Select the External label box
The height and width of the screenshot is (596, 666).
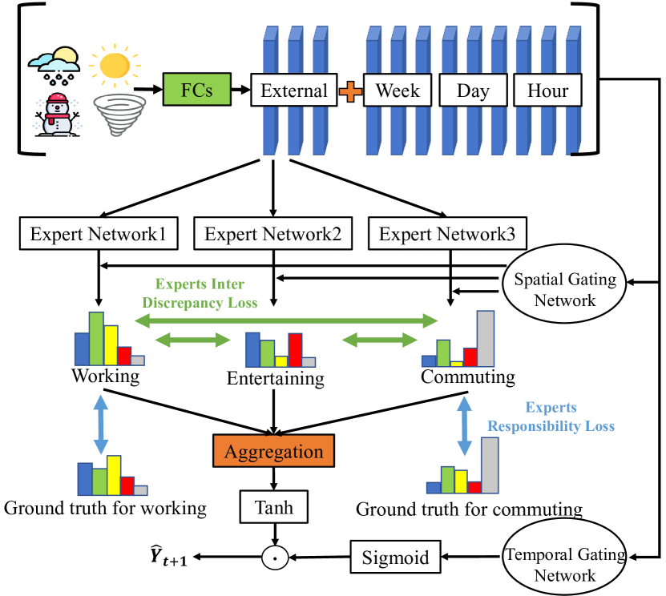pos(294,90)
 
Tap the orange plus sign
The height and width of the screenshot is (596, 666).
pos(350,91)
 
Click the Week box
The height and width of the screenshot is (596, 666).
pos(398,90)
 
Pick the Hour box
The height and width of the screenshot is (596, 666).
pos(548,90)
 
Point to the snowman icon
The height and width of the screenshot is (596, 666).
pos(58,114)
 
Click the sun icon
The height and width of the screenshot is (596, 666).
pos(111,64)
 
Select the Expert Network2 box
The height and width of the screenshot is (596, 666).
pos(273,234)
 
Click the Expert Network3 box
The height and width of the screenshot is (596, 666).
pos(447,234)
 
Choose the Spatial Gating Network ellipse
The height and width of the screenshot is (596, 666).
pos(565,290)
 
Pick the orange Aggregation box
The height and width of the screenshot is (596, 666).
pos(274,451)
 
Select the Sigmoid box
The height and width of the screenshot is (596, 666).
pos(389,556)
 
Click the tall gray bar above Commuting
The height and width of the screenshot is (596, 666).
pos(486,338)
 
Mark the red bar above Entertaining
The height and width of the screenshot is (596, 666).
pos(295,349)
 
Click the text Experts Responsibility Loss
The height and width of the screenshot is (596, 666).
pos(551,416)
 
